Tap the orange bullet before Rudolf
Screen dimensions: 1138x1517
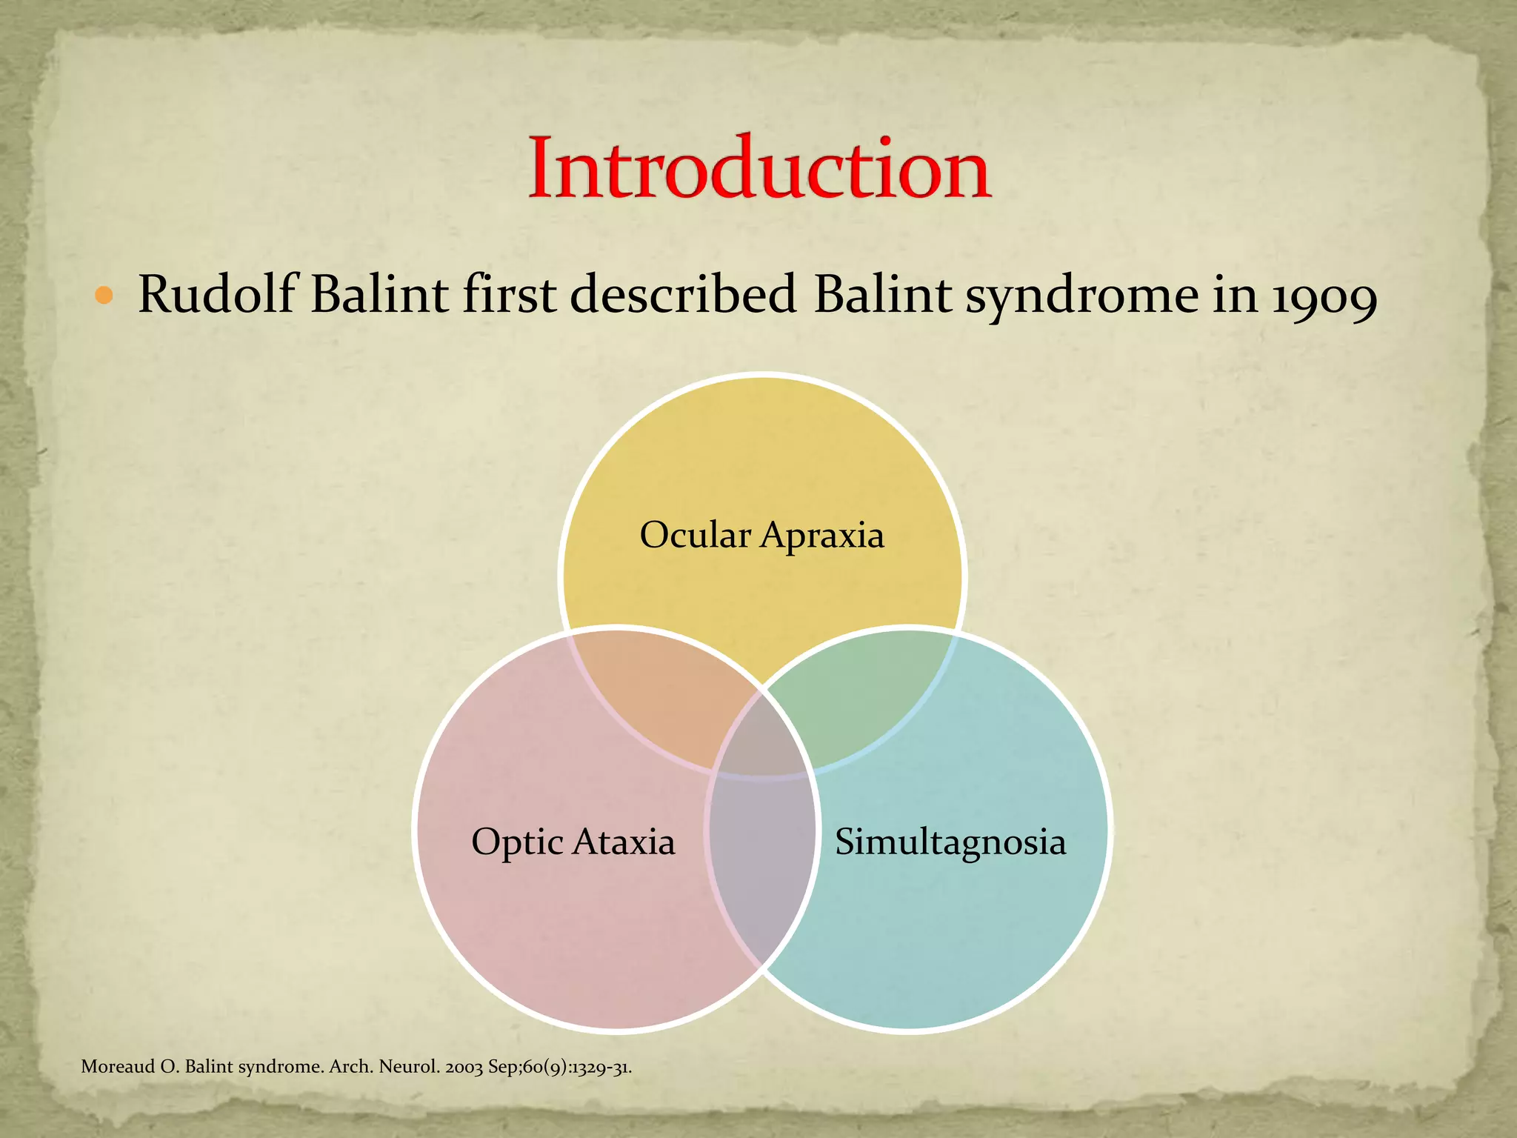(x=104, y=297)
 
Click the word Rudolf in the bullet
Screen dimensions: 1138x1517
(x=219, y=295)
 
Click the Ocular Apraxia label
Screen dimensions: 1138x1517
(x=761, y=535)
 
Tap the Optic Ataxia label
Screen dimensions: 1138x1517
(x=573, y=842)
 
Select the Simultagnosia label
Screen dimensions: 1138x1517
(x=950, y=842)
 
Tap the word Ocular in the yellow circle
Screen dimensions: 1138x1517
(x=695, y=535)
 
